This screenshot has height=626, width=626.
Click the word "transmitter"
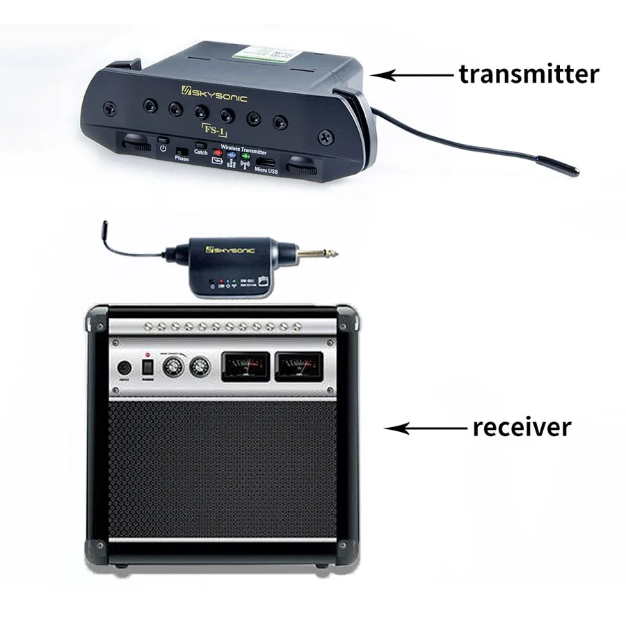click(528, 74)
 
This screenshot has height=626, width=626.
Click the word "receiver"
click(522, 426)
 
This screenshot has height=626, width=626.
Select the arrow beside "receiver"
click(424, 428)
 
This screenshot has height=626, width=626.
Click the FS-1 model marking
click(213, 129)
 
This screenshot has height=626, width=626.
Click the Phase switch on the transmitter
click(182, 150)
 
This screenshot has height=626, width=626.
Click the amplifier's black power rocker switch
click(147, 366)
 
